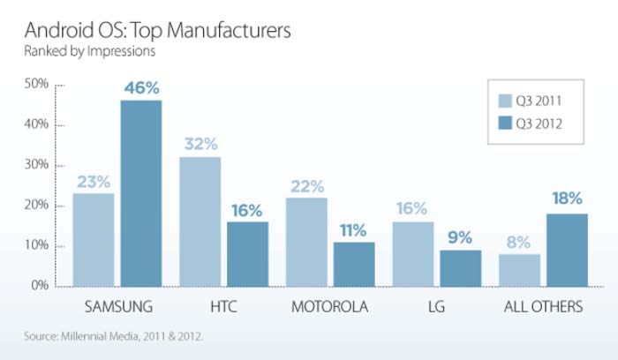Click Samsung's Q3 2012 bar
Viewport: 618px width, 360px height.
pyautogui.click(x=140, y=193)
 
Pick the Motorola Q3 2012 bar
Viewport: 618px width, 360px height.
pyautogui.click(x=353, y=264)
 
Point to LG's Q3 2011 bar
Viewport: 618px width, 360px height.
pyautogui.click(x=412, y=254)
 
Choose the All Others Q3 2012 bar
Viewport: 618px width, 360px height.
pyautogui.click(x=566, y=250)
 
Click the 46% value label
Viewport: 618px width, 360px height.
pyautogui.click(x=141, y=88)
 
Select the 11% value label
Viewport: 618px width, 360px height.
pyautogui.click(x=353, y=230)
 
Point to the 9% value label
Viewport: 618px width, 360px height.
pyautogui.click(x=461, y=237)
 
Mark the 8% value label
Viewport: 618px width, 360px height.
pyautogui.click(x=518, y=241)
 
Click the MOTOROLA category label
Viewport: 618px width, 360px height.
pyautogui.click(x=330, y=308)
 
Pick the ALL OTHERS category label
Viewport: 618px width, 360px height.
pyautogui.click(x=541, y=308)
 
